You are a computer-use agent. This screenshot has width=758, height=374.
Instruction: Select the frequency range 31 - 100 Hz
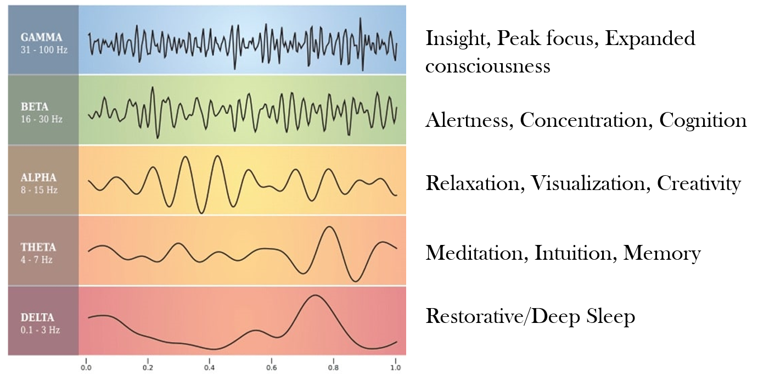(x=44, y=50)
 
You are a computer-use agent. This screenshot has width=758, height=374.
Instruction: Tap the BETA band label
(x=35, y=107)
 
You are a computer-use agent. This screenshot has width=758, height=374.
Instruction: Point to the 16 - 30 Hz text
(x=41, y=119)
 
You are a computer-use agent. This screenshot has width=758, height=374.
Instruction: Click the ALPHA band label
(x=38, y=177)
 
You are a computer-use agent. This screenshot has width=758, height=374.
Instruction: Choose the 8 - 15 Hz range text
(x=39, y=190)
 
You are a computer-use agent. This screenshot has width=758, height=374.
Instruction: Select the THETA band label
(x=38, y=247)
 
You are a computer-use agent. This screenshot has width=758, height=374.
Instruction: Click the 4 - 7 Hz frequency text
(x=37, y=260)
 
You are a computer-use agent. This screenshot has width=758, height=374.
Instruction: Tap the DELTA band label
(x=37, y=317)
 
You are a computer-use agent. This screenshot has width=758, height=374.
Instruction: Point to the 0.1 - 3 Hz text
(x=40, y=330)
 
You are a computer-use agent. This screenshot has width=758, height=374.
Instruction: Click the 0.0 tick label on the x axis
(x=86, y=367)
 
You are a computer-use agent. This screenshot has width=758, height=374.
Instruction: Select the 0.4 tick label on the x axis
(x=210, y=367)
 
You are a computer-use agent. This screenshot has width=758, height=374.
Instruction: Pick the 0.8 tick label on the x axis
(x=333, y=367)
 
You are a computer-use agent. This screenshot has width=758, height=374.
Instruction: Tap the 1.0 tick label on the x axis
(x=395, y=367)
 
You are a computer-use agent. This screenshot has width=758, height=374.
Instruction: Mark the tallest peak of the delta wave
(x=316, y=295)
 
